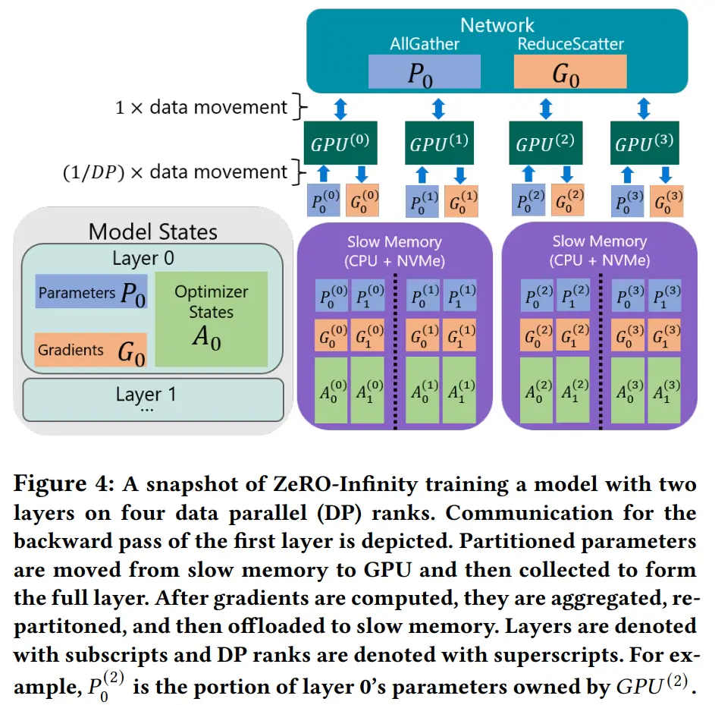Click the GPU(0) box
[340, 143]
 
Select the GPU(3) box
[643, 143]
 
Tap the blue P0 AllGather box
[424, 73]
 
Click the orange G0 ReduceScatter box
[570, 73]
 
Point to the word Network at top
[497, 25]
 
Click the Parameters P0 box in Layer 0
[91, 293]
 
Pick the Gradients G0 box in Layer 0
[91, 351]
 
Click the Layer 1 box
[152, 398]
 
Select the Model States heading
[153, 231]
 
